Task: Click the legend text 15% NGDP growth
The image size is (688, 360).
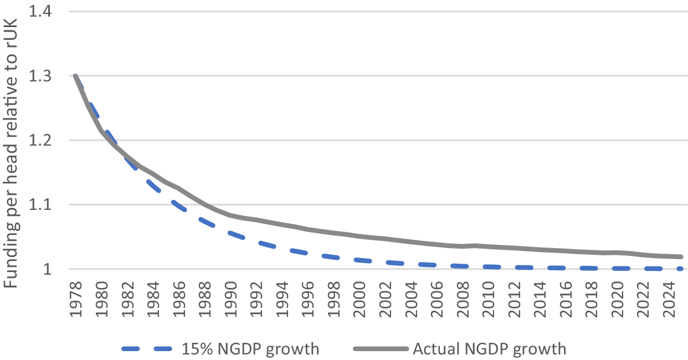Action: pos(250,349)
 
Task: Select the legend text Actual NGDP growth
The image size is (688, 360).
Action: pos(489,349)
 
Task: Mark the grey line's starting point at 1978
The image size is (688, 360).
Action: pos(75,76)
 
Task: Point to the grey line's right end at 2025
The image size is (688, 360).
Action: pos(680,257)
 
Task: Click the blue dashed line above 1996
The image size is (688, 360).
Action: pos(307,253)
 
